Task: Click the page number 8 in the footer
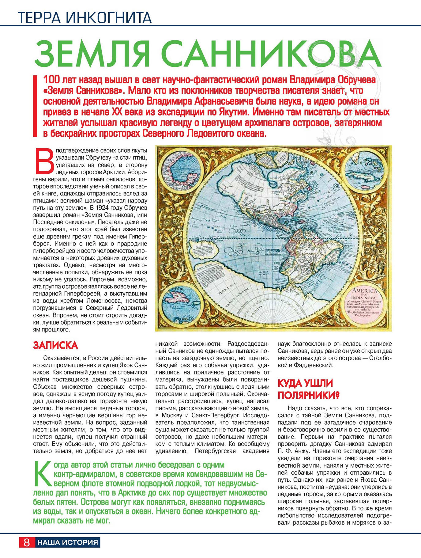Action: coord(27,542)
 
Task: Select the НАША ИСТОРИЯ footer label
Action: coord(68,542)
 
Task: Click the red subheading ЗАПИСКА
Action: coord(55,345)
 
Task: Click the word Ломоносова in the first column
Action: coord(100,301)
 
